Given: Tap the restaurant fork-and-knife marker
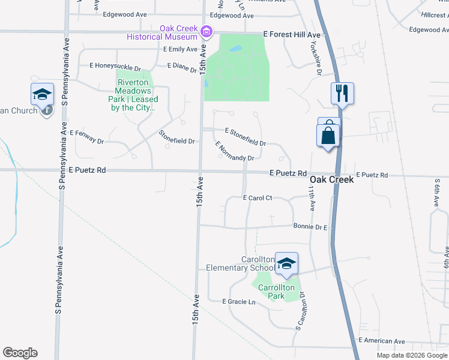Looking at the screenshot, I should click(342, 94).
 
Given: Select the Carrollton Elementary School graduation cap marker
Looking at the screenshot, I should click(286, 263).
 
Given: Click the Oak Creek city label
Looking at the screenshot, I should click(331, 179).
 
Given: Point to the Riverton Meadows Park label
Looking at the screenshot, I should click(137, 95).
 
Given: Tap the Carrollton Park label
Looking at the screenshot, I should click(276, 292).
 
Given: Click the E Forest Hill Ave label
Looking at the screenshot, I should click(292, 35).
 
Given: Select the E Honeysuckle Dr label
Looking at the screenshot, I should click(115, 65).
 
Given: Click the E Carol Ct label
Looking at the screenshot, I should click(258, 197).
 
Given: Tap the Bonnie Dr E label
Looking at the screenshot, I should click(310, 227).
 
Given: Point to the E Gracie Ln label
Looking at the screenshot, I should click(239, 302).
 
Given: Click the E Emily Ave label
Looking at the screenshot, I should click(179, 49).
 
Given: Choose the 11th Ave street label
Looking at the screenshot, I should click(312, 197).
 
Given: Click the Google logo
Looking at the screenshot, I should click(20, 353).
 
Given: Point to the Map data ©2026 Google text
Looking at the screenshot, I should click(411, 355).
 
